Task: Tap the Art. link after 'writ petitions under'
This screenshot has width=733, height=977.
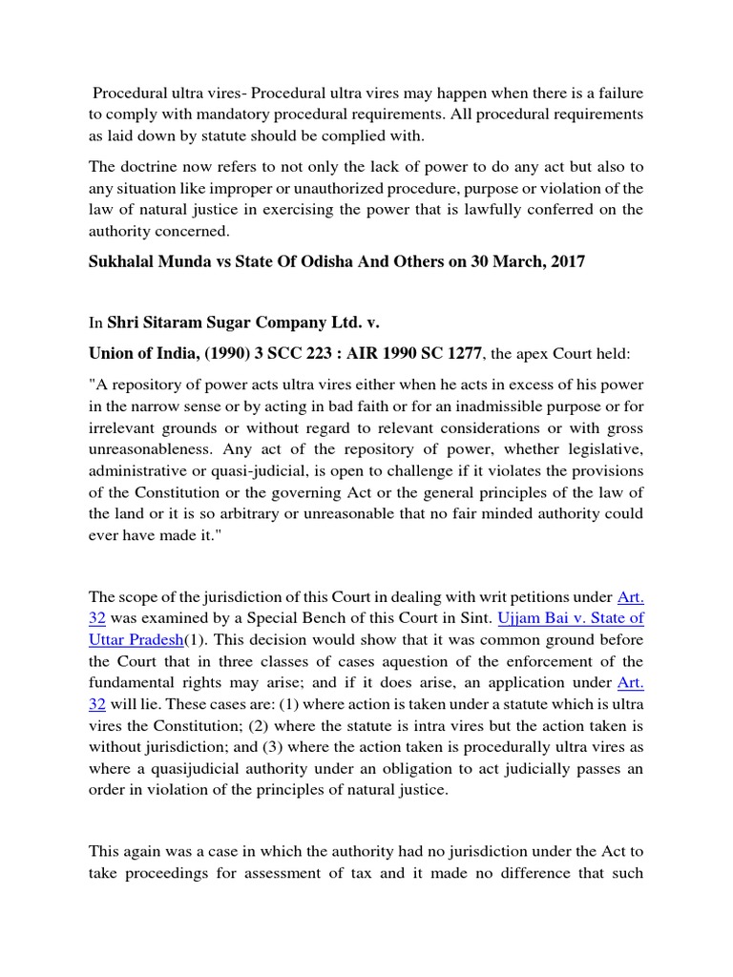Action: pyautogui.click(x=630, y=597)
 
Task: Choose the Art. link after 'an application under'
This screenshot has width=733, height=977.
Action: pyautogui.click(x=630, y=681)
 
